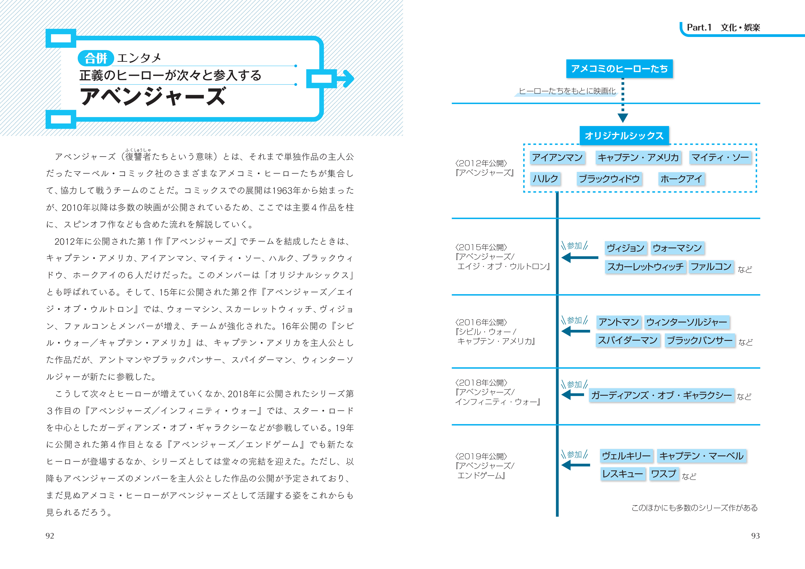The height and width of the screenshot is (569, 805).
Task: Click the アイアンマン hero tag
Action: (x=557, y=158)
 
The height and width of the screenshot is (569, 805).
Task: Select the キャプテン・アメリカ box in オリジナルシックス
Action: (x=638, y=158)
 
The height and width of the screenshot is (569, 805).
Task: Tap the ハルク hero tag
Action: (x=545, y=179)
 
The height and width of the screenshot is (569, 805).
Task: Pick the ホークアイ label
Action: (x=681, y=179)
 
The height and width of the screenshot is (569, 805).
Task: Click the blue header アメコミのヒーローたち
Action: (x=619, y=69)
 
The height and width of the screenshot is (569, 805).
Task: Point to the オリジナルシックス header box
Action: (x=624, y=136)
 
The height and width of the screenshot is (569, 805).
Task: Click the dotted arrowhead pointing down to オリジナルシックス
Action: (x=623, y=118)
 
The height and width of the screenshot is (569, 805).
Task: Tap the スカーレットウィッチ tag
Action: (x=645, y=267)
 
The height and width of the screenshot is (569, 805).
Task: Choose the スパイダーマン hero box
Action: (x=628, y=340)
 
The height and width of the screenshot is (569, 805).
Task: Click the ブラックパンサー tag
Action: (x=700, y=340)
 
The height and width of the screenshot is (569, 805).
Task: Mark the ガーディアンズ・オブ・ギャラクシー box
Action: (x=662, y=395)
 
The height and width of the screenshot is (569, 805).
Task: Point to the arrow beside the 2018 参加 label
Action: (x=573, y=395)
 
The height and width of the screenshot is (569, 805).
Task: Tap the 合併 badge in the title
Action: (x=96, y=58)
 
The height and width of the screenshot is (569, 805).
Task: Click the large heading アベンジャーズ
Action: (x=153, y=97)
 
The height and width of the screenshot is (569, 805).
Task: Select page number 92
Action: (x=50, y=536)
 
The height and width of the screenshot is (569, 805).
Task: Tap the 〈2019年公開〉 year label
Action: (x=481, y=456)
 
